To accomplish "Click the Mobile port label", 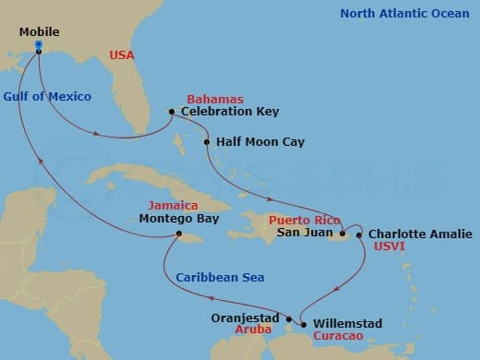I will point(39,32).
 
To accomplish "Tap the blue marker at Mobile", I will point(38,45).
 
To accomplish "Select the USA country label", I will point(122,55).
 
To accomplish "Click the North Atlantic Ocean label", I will point(402,13).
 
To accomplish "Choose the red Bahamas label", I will point(215,99).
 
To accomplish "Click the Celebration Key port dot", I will point(172,113).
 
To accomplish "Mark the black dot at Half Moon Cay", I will point(207,143).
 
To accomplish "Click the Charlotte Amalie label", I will point(420,234).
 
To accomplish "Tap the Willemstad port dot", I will point(303,324).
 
